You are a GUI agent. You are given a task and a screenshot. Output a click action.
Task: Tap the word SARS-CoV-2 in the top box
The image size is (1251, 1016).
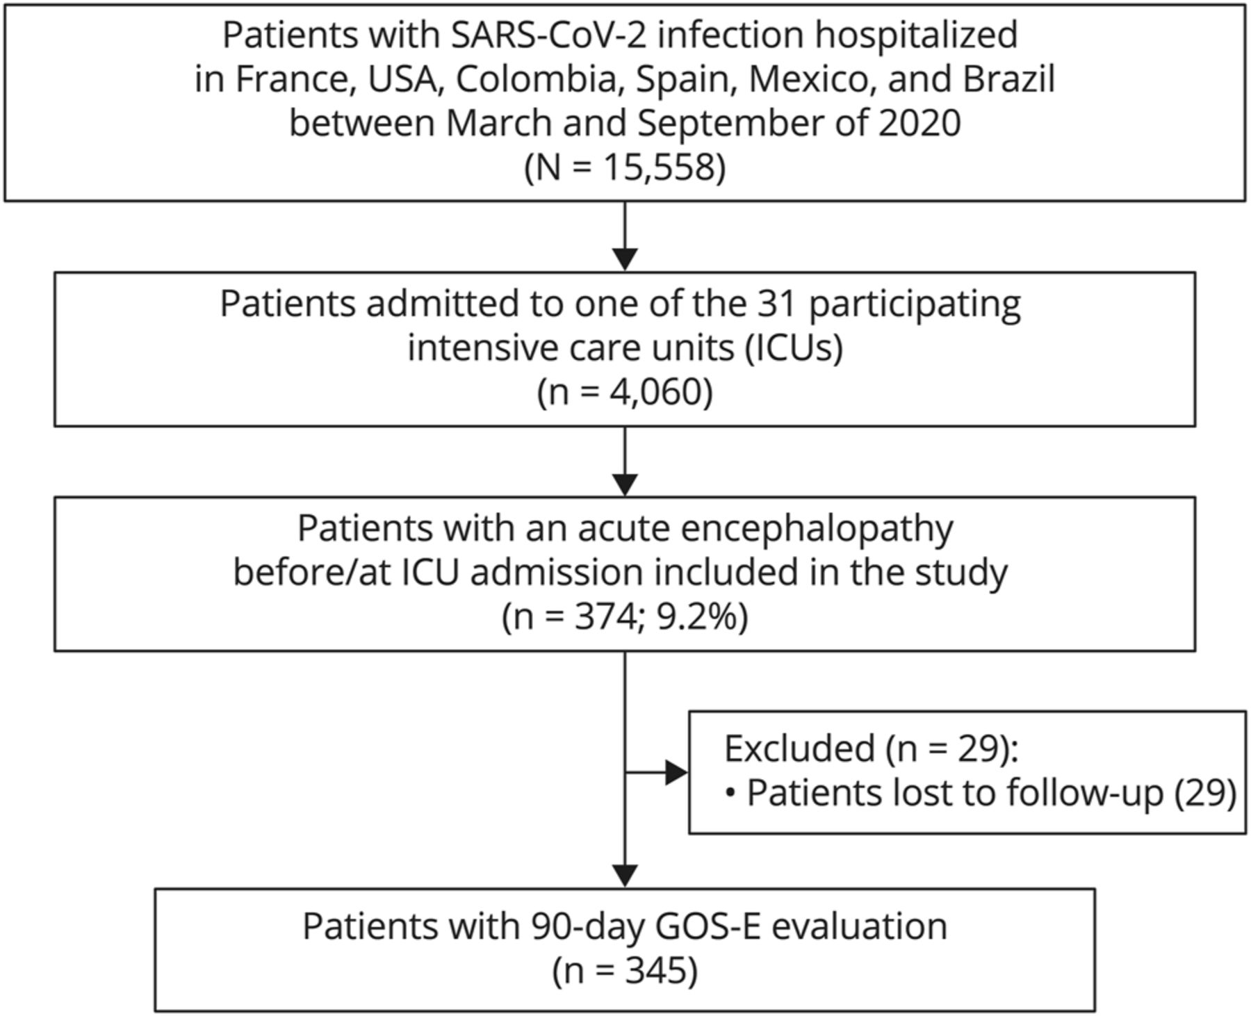pyautogui.click(x=549, y=35)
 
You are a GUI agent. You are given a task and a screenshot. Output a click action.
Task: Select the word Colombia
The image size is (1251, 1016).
pyautogui.click(x=536, y=79)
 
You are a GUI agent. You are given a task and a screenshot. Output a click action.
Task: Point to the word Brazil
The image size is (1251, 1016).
pyautogui.click(x=1008, y=79)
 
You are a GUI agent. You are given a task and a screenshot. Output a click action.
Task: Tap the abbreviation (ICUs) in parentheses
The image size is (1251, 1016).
pyautogui.click(x=794, y=348)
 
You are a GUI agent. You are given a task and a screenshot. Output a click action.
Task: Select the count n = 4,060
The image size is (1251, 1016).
pyautogui.click(x=625, y=393)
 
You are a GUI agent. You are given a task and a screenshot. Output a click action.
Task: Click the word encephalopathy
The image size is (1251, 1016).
pyautogui.click(x=817, y=530)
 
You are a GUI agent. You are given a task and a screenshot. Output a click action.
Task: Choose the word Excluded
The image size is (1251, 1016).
pyautogui.click(x=799, y=748)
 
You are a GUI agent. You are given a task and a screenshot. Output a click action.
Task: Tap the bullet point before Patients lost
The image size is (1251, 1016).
pyautogui.click(x=730, y=793)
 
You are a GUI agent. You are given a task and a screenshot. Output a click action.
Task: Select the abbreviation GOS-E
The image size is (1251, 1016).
pyautogui.click(x=706, y=926)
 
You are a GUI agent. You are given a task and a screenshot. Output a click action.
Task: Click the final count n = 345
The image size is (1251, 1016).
pyautogui.click(x=625, y=970)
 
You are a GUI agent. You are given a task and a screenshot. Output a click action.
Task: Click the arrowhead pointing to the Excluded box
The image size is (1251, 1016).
pyautogui.click(x=676, y=772)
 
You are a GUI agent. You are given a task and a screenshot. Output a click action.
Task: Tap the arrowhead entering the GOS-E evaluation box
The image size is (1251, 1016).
pyautogui.click(x=625, y=876)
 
